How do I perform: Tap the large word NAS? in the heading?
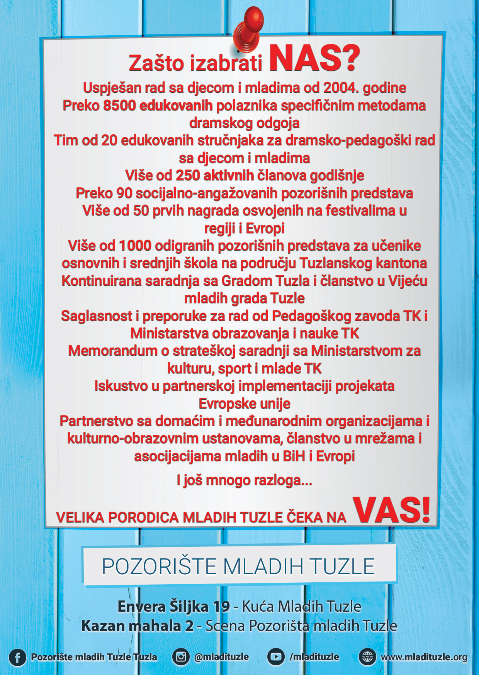(314, 59)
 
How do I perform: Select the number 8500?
(119, 105)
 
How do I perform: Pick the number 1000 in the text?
(135, 246)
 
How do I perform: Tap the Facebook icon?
(17, 657)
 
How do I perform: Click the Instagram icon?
(181, 656)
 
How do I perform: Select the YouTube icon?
(276, 656)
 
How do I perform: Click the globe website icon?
(367, 656)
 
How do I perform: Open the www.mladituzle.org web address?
(424, 657)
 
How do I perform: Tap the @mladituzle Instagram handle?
(221, 656)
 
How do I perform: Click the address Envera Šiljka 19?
(174, 607)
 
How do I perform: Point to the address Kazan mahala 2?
(138, 626)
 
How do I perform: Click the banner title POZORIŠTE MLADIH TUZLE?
(238, 566)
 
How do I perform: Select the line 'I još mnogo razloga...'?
(244, 480)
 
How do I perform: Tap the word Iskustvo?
(121, 386)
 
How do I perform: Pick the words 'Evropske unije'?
(244, 404)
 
